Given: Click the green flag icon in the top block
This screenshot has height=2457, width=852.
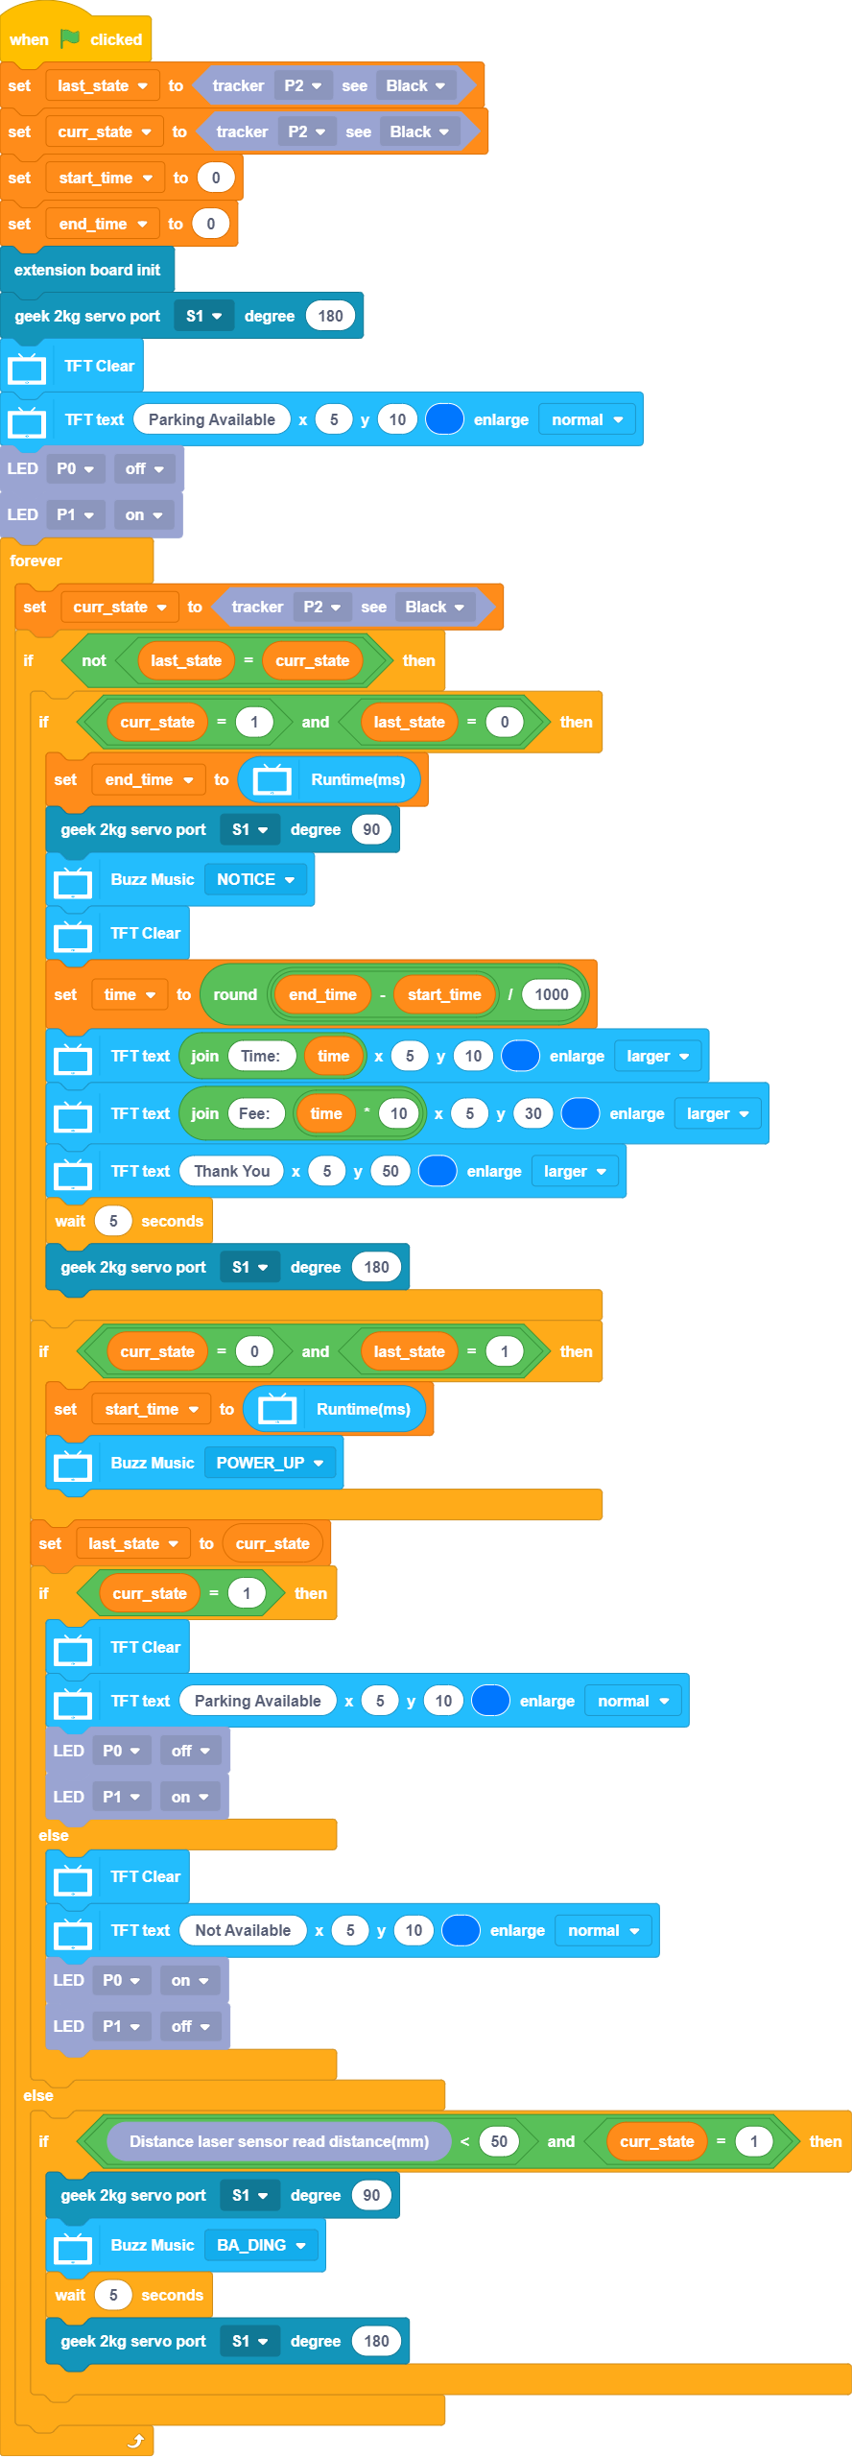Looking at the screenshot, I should click(x=70, y=38).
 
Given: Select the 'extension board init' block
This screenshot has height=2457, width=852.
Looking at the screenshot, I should click(x=86, y=270).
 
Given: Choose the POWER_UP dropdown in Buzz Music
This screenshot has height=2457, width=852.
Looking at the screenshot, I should click(x=270, y=1463).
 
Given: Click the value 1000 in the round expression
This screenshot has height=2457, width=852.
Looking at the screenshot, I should click(x=552, y=994).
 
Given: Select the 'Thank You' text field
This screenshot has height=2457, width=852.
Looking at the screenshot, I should click(x=231, y=1171).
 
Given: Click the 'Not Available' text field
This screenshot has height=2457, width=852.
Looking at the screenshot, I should click(x=243, y=1930).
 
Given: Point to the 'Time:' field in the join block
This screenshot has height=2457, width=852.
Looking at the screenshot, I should click(x=260, y=1056).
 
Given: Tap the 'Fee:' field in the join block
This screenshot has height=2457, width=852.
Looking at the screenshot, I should click(x=254, y=1113).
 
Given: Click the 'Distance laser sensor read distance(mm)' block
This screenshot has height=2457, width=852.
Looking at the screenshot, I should click(x=278, y=2141).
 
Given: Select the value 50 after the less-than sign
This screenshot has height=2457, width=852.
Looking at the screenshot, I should click(x=499, y=2141).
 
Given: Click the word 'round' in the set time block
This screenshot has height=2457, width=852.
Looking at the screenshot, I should click(x=235, y=994).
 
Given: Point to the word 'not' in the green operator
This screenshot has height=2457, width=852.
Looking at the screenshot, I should click(x=94, y=660).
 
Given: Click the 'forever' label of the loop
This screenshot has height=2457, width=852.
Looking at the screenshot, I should click(x=35, y=561).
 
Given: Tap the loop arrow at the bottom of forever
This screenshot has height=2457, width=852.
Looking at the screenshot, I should click(x=136, y=2441).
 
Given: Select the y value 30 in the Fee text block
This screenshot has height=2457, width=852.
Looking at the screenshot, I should click(x=533, y=1113).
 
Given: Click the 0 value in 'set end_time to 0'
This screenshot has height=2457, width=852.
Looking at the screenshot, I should click(x=211, y=224).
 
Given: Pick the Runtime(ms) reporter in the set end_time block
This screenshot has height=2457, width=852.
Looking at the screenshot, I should click(x=357, y=779).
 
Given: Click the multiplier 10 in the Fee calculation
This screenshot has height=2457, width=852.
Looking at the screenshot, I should click(x=399, y=1113).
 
